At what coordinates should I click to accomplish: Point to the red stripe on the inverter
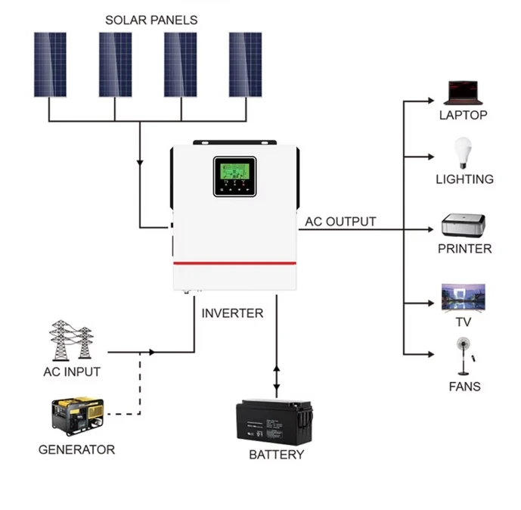234,263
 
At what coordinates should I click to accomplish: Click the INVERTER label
232,313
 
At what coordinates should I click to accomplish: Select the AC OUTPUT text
340,222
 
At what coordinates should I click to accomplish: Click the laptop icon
462,92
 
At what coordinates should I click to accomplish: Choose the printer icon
464,225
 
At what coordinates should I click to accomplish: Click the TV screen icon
463,296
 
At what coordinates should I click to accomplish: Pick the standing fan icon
463,356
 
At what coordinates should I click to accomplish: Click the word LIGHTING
464,179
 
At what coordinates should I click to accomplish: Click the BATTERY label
276,455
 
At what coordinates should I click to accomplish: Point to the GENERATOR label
76,449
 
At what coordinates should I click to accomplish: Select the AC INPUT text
72,372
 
